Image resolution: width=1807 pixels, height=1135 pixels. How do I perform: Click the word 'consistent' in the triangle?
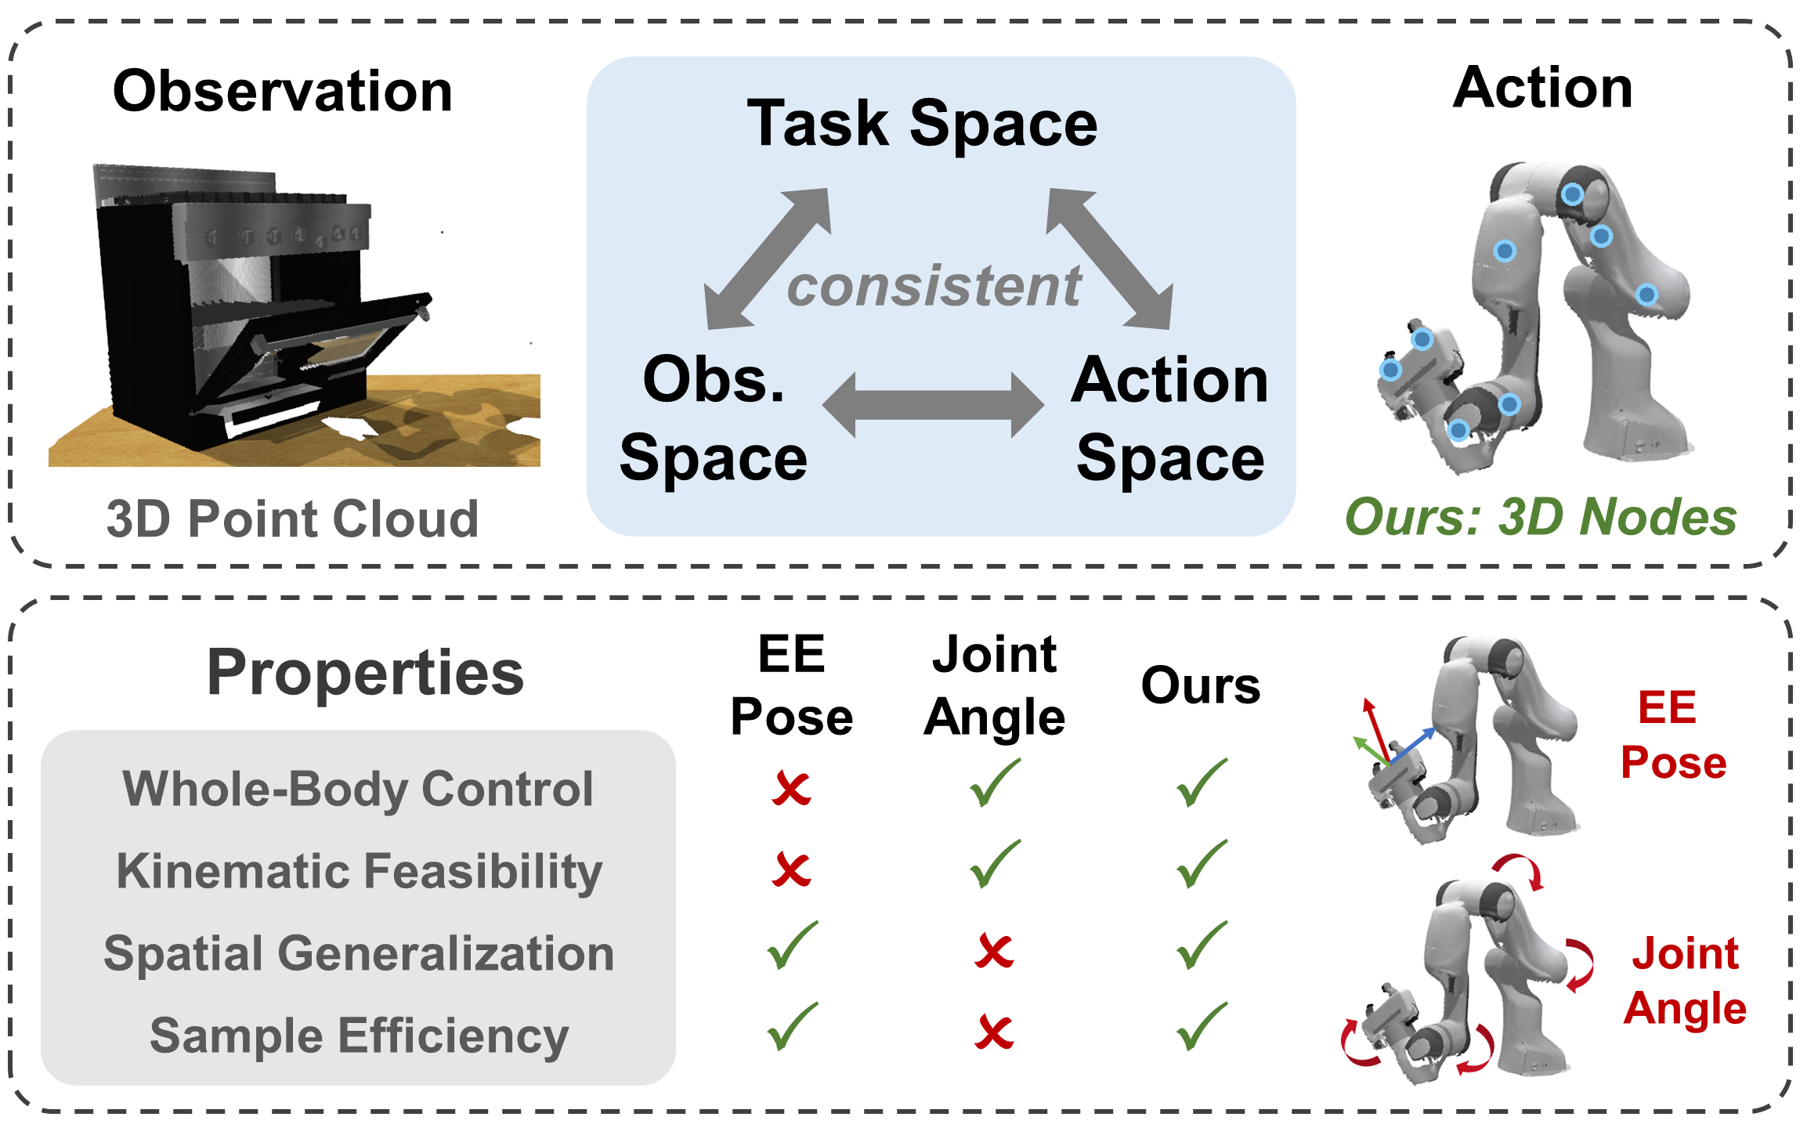[934, 286]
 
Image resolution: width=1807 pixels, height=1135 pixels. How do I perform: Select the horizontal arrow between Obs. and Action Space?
[933, 405]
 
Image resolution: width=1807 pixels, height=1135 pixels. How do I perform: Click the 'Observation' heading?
[283, 91]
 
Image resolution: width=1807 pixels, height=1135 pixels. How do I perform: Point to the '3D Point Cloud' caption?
[292, 519]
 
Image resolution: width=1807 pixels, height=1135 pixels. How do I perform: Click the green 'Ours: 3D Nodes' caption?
[1541, 517]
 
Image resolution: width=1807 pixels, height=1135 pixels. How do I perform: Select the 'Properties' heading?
[365, 673]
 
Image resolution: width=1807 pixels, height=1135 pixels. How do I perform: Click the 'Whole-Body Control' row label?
[358, 789]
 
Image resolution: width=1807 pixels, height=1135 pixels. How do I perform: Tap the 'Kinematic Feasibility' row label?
[360, 872]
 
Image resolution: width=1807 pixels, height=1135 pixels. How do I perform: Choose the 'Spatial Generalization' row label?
[359, 954]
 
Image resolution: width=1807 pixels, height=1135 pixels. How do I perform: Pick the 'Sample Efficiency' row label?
[360, 1036]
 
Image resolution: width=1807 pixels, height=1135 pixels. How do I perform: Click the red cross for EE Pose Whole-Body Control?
[791, 788]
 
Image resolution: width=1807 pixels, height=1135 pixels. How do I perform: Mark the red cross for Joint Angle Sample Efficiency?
[994, 1032]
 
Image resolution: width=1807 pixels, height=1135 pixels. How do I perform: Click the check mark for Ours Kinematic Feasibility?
[1202, 864]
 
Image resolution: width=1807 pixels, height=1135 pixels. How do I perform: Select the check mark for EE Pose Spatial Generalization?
[793, 945]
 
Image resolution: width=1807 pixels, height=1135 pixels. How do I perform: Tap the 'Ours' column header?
[1201, 686]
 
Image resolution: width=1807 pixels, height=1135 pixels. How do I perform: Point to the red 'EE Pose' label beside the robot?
[1673, 735]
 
